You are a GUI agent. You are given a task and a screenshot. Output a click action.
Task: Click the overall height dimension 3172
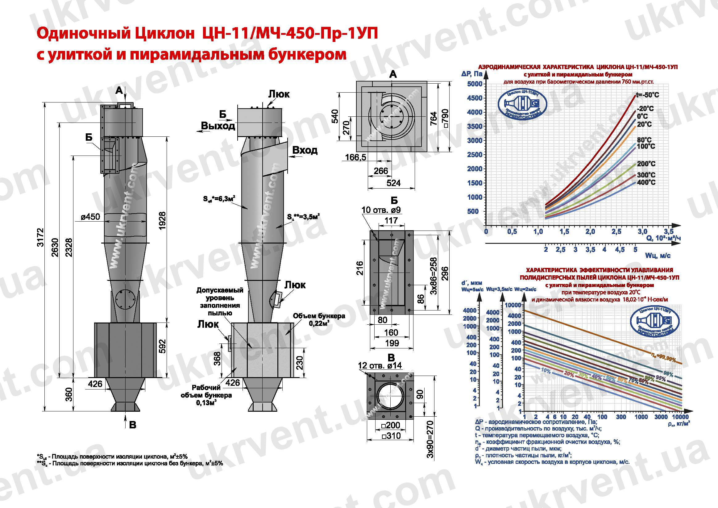[41, 237]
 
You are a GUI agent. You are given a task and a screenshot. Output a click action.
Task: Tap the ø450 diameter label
[90, 216]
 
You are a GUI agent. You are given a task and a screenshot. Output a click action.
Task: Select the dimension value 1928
[162, 221]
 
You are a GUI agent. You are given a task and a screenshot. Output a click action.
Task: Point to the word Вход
[305, 151]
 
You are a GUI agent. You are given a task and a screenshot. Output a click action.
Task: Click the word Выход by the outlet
[218, 126]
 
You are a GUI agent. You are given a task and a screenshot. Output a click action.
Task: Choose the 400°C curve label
[646, 182]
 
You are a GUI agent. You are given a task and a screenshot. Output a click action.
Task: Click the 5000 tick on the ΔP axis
[475, 84]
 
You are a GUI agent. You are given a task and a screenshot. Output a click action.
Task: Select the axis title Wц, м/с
[658, 256]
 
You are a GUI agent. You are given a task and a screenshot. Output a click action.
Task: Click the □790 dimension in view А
[445, 118]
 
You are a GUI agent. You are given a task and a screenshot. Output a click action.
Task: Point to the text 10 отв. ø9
[381, 210]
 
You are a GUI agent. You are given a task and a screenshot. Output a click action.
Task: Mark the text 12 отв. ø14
[380, 365]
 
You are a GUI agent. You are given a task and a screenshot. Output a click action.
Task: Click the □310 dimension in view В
[391, 436]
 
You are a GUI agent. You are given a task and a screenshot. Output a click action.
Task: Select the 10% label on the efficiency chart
[546, 371]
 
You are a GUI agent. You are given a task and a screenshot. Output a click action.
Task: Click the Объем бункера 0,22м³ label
[319, 320]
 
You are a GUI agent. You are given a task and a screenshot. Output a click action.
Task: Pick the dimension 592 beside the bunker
[162, 346]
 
